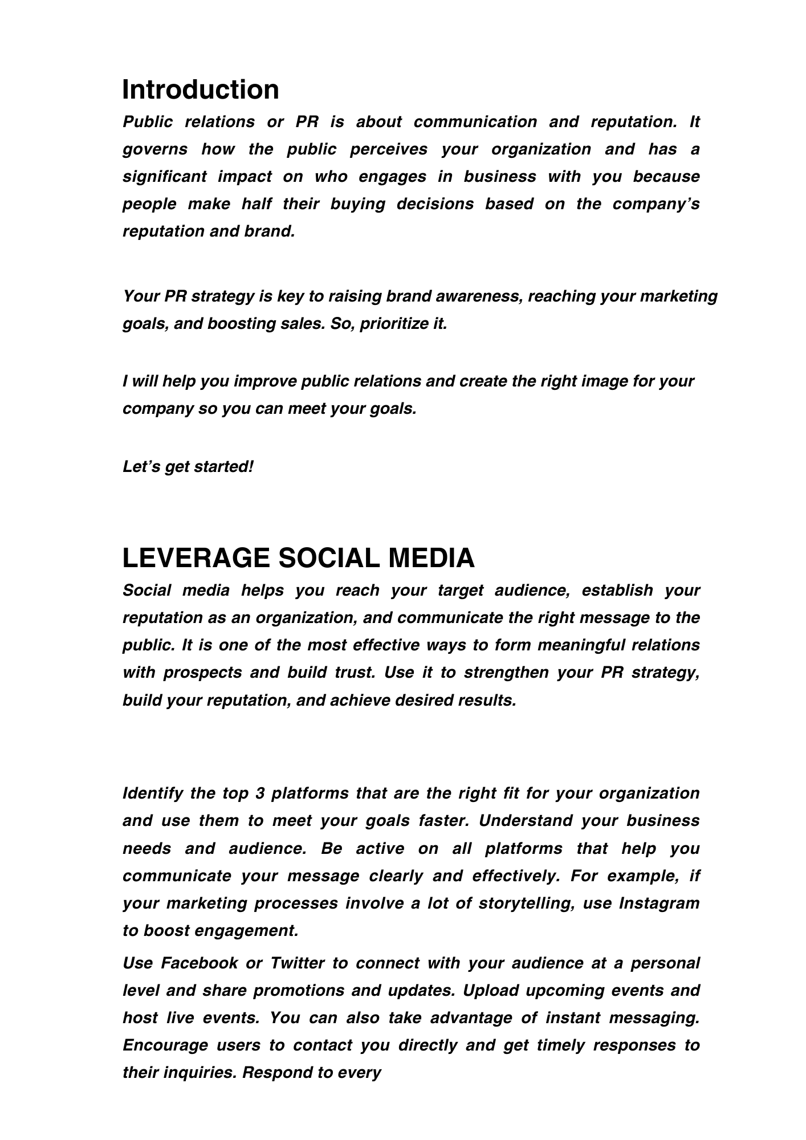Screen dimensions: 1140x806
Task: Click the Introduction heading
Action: click(201, 90)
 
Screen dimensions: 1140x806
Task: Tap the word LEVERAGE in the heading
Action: click(196, 558)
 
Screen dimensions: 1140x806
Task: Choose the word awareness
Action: click(478, 296)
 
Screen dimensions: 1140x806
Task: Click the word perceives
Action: click(389, 149)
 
